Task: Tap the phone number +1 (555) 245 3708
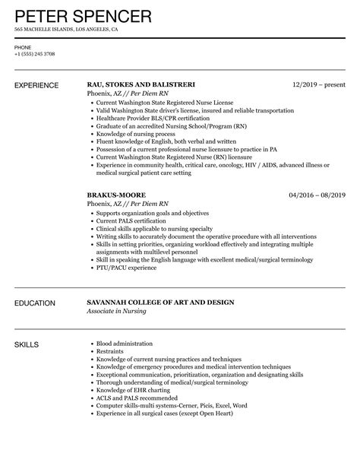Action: (x=35, y=55)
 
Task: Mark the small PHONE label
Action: (x=23, y=46)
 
